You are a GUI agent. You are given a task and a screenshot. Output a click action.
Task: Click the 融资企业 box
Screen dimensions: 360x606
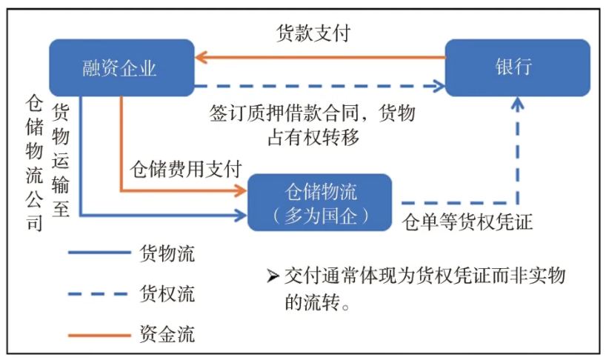(x=121, y=68)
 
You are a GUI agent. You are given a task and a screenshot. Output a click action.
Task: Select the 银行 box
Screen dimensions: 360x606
(x=516, y=67)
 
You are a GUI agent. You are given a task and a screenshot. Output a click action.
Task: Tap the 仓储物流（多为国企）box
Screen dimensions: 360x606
(x=319, y=203)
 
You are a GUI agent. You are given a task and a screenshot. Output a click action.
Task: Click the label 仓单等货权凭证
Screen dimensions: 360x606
(x=467, y=222)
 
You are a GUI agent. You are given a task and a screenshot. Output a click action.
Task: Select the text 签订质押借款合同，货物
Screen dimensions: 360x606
(x=312, y=114)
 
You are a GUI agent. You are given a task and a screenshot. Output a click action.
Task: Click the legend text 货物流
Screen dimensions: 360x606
(x=167, y=253)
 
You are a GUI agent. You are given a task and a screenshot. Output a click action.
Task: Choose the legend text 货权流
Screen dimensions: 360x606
(x=167, y=293)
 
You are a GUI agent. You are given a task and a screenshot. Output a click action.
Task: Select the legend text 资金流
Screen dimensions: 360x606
(x=167, y=333)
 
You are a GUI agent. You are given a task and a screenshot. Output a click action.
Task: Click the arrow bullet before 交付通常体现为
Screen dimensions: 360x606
(x=272, y=276)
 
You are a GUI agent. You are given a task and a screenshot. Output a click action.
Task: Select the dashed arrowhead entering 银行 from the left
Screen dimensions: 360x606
(x=438, y=87)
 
